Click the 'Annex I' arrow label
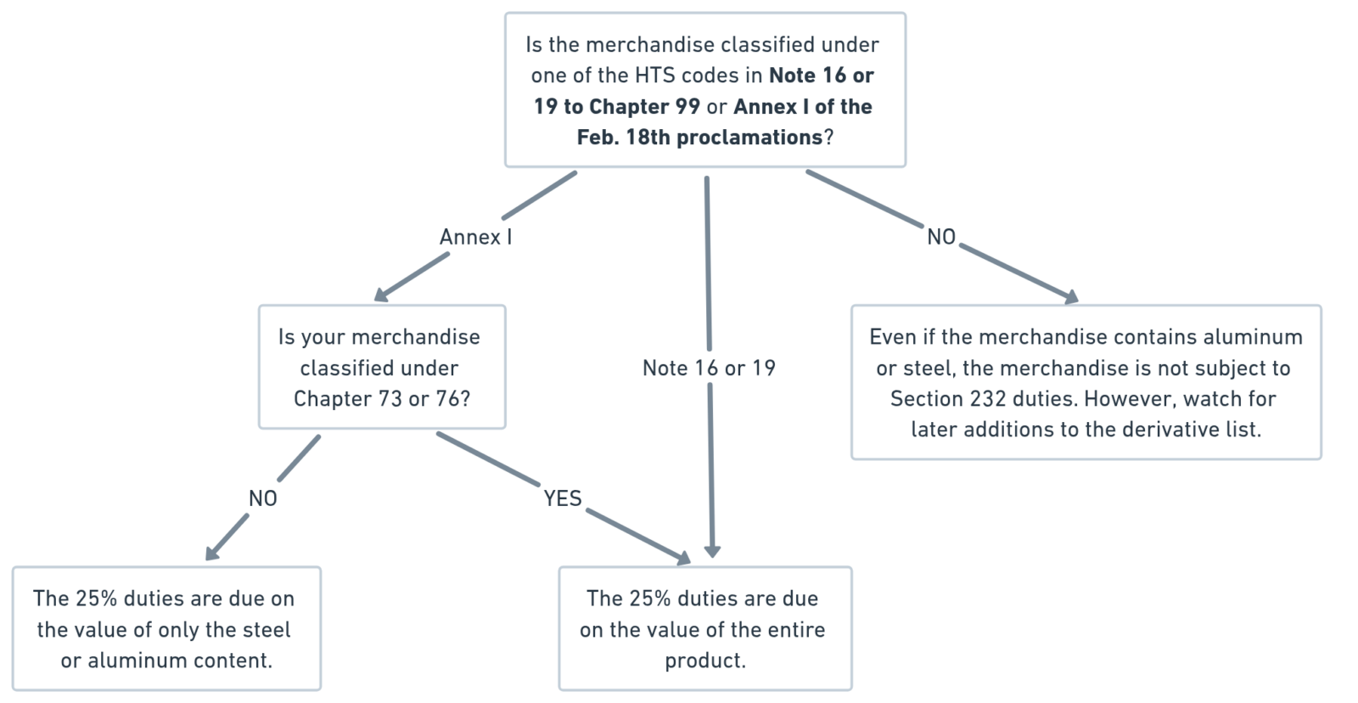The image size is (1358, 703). coord(475,237)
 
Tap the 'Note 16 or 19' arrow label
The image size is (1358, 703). coord(709,368)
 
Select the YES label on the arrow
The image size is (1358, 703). coord(563,498)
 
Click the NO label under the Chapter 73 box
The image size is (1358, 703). coord(263,498)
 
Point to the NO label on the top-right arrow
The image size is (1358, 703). coord(941,237)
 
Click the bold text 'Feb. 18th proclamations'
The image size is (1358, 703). coord(699,137)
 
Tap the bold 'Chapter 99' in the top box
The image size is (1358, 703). coord(644,106)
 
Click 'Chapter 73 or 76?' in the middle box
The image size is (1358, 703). coord(382,398)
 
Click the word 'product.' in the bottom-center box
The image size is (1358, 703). coord(705,660)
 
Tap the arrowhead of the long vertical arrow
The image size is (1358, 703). coord(711,551)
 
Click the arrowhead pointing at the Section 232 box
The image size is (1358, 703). coord(1071,297)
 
